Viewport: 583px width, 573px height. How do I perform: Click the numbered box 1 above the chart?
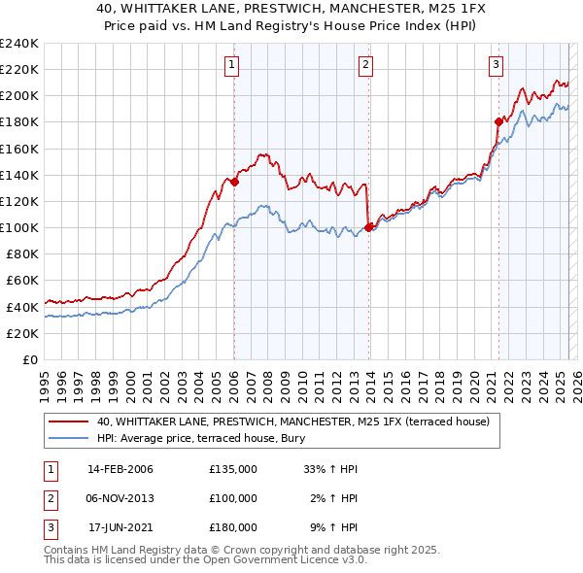[233, 65]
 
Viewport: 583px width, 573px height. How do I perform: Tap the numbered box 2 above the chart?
[365, 65]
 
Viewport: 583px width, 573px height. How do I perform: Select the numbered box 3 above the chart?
[496, 65]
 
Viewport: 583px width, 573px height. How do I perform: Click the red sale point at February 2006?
[234, 182]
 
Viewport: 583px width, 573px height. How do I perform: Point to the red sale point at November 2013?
[368, 227]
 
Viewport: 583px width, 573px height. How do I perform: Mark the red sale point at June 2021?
[498, 121]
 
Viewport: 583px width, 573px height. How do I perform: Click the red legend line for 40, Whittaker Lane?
[68, 421]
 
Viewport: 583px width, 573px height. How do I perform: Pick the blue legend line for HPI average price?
[68, 438]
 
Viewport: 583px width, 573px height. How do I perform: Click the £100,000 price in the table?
[233, 498]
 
